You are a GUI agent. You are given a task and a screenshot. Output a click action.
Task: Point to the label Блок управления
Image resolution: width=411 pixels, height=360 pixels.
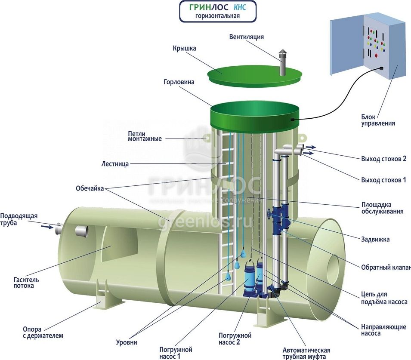coord(378,120)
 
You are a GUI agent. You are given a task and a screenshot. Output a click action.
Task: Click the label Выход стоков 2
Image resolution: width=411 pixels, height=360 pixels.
coord(383,159)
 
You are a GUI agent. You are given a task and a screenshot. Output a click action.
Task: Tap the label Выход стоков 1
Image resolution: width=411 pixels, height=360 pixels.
coord(383,180)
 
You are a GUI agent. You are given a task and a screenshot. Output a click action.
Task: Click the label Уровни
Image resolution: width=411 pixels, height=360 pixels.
coord(127,342)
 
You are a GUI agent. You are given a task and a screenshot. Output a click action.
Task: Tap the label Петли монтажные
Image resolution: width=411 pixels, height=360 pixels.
coord(145,136)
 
